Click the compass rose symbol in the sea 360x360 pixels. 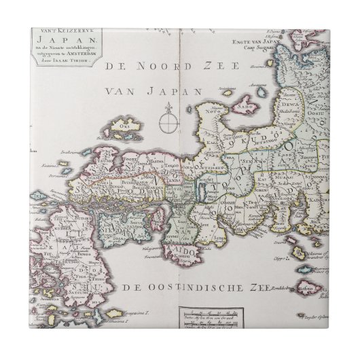point(165,123)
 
